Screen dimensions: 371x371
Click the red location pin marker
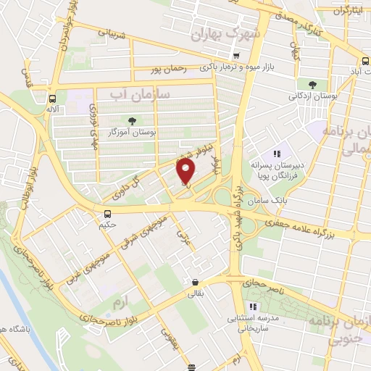186,172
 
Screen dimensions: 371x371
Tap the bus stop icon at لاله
52,99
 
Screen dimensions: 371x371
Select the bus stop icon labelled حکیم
108,213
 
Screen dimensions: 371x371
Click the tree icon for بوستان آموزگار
131,121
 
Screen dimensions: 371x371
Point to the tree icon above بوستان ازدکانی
312,84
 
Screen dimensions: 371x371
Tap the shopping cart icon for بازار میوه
235,56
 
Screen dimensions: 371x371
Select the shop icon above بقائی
194,283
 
